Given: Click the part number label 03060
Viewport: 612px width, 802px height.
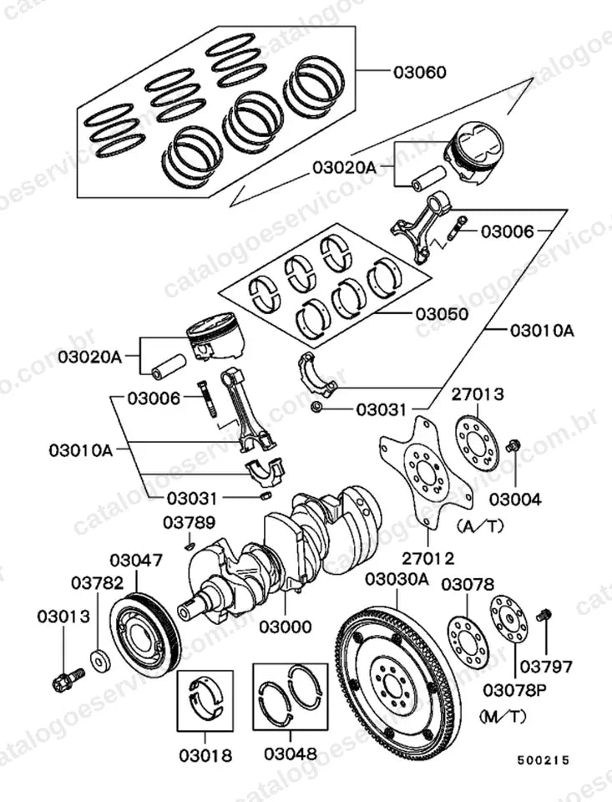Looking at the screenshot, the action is [419, 72].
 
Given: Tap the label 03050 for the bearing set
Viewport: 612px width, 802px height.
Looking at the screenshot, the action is [442, 313].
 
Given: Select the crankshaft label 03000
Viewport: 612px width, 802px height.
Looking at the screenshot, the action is [285, 627].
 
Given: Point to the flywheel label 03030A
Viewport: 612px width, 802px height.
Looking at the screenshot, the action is [397, 580].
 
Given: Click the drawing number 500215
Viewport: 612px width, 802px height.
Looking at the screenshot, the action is [543, 760].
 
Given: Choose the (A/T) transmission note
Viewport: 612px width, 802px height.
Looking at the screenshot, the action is [479, 525].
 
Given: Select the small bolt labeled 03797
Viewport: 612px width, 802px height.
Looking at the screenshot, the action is [544, 615].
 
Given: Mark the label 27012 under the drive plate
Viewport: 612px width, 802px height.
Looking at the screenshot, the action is [428, 558].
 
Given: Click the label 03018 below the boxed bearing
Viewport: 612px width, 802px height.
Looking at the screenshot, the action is [205, 755].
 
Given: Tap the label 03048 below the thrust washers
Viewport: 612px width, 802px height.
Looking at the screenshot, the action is [291, 753].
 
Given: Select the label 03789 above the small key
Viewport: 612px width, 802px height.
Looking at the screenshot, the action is [190, 523].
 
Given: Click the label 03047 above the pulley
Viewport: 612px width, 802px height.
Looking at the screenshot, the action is [136, 560].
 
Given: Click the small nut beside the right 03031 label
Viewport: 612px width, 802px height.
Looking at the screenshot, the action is [316, 407].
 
